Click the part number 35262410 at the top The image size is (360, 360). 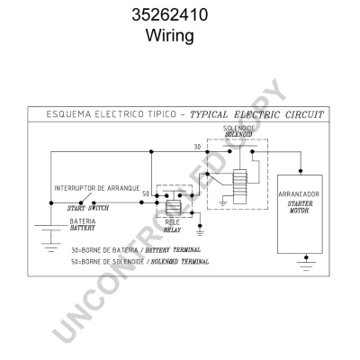(170, 14)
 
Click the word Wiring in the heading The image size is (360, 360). (170, 35)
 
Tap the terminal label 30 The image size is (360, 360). (197, 147)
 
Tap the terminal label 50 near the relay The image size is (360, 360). (146, 194)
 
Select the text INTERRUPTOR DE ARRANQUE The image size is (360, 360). (97, 188)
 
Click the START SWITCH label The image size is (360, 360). (88, 208)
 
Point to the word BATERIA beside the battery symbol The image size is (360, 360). (83, 221)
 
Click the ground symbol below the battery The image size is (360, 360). (51, 247)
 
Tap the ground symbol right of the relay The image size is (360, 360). (200, 231)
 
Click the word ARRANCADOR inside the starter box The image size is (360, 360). (299, 194)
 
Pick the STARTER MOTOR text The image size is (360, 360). (300, 207)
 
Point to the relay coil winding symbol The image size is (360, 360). (174, 208)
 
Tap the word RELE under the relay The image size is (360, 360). (172, 222)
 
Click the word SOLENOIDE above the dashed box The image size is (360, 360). (238, 129)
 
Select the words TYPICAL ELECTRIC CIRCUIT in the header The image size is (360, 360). (256, 114)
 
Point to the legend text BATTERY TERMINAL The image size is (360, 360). (173, 249)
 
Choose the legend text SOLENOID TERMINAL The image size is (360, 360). (179, 262)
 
